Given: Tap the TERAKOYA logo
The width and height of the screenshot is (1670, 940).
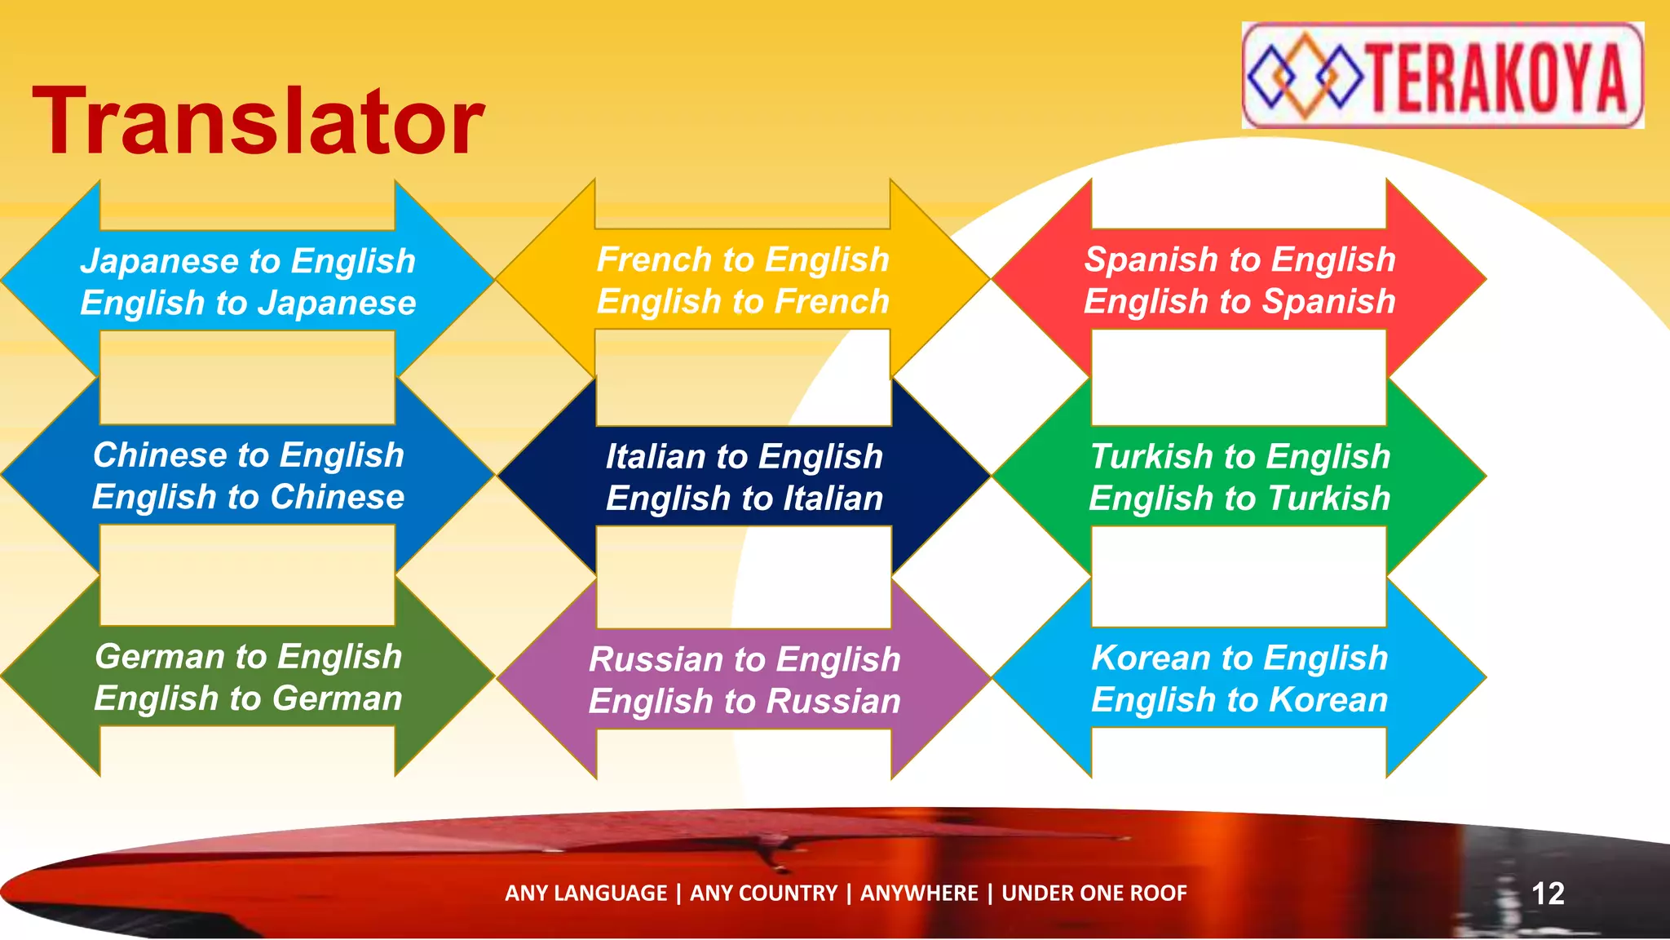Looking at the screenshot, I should (x=1442, y=75).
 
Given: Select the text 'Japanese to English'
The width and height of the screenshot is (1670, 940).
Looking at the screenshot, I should (x=248, y=261).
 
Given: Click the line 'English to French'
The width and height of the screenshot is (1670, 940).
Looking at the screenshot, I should (x=742, y=302).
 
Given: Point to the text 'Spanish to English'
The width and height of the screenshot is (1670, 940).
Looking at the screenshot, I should (x=1239, y=259).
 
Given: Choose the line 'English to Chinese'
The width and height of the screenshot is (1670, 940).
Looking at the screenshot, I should (x=248, y=497).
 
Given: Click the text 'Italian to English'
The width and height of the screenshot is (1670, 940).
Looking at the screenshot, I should (x=744, y=456).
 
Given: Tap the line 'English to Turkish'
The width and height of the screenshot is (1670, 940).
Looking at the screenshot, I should (x=1239, y=499).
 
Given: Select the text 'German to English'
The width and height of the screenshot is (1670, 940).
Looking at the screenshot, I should (x=248, y=657).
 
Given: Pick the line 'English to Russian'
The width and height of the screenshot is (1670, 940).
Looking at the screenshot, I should (x=744, y=702).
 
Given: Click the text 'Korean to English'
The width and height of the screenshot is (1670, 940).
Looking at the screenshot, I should (x=1239, y=658).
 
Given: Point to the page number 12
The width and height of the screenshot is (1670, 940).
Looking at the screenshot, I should (x=1547, y=893).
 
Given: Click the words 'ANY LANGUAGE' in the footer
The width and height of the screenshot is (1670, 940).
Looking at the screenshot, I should (x=585, y=893).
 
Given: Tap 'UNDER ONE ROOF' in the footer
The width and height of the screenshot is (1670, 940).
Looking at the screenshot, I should (x=1093, y=893).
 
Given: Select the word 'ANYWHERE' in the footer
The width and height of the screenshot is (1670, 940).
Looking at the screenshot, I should (x=918, y=893).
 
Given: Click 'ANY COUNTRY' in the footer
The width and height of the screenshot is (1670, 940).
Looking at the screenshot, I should (x=763, y=893).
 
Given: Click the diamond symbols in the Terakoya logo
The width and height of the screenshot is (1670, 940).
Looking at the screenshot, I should (x=1304, y=76).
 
